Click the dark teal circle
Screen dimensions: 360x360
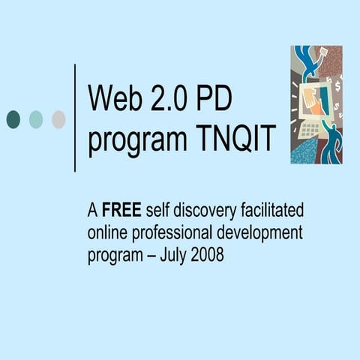[13, 118]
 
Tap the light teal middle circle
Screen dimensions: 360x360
[36, 118]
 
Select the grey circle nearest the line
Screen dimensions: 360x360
[58, 118]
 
